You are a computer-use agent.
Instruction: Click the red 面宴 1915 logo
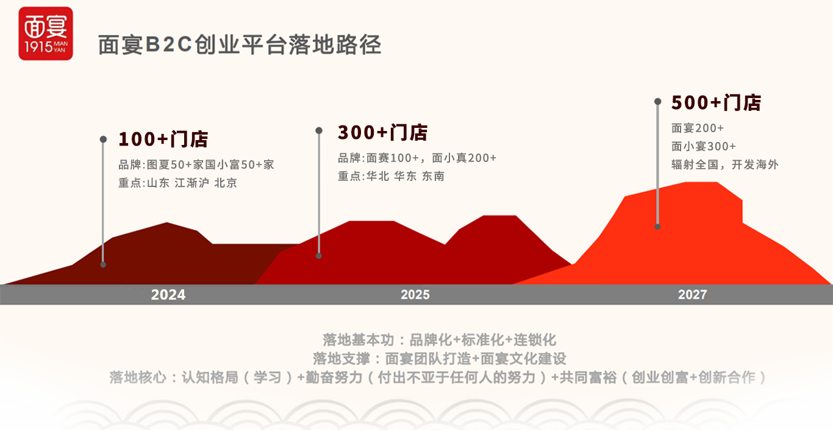coord(46,33)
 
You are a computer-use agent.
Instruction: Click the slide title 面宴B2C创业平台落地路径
coord(240,45)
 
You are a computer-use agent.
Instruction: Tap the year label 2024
coord(168,295)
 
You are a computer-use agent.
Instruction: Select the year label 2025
coord(415,295)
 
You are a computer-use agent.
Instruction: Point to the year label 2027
coord(692,295)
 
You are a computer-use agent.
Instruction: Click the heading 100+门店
coord(163,139)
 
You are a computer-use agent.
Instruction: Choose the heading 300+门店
coord(383,133)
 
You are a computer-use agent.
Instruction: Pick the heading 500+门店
coord(717,102)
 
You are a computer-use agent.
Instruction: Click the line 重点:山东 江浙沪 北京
coord(177,183)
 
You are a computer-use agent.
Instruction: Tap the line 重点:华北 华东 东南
coord(391,176)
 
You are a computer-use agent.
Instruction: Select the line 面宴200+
coord(698,128)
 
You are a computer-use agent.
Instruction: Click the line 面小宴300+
coord(704,146)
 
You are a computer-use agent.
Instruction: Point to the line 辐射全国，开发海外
coord(725,164)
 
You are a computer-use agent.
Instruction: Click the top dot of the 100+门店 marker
coord(104,139)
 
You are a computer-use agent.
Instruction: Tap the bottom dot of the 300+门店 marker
coord(319,256)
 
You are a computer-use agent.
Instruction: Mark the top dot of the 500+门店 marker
coord(657,101)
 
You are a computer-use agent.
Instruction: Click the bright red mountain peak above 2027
coord(701,183)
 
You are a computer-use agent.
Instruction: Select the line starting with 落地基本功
coord(439,340)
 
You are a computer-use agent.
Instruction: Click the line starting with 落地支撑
coord(439,359)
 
